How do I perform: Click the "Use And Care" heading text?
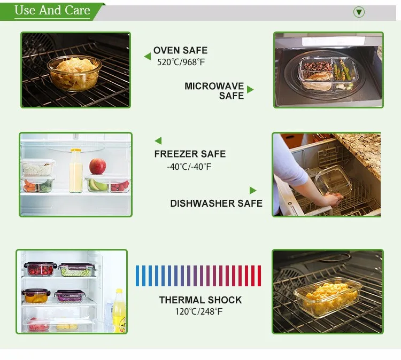pyautogui.click(x=52, y=11)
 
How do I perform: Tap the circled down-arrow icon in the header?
pyautogui.click(x=359, y=12)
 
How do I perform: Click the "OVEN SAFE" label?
pyautogui.click(x=180, y=50)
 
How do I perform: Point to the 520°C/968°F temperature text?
pyautogui.click(x=181, y=62)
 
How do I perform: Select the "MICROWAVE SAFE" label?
pyautogui.click(x=214, y=91)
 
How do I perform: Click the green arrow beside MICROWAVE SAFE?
pyautogui.click(x=250, y=90)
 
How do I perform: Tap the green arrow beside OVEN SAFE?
pyautogui.click(x=148, y=57)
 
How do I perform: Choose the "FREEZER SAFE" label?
pyautogui.click(x=190, y=154)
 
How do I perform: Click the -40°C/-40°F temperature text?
pyautogui.click(x=189, y=167)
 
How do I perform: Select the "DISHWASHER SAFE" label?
pyautogui.click(x=217, y=204)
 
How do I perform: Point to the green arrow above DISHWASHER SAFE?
pyautogui.click(x=253, y=190)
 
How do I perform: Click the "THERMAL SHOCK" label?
pyautogui.click(x=200, y=300)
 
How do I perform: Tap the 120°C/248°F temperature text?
pyautogui.click(x=199, y=312)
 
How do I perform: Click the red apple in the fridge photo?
pyautogui.click(x=98, y=166)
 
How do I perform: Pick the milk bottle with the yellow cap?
pyautogui.click(x=76, y=171)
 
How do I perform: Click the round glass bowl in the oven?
pyautogui.click(x=74, y=73)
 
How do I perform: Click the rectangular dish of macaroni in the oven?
pyautogui.click(x=328, y=296)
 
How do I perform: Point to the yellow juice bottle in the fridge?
pyautogui.click(x=119, y=310)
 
